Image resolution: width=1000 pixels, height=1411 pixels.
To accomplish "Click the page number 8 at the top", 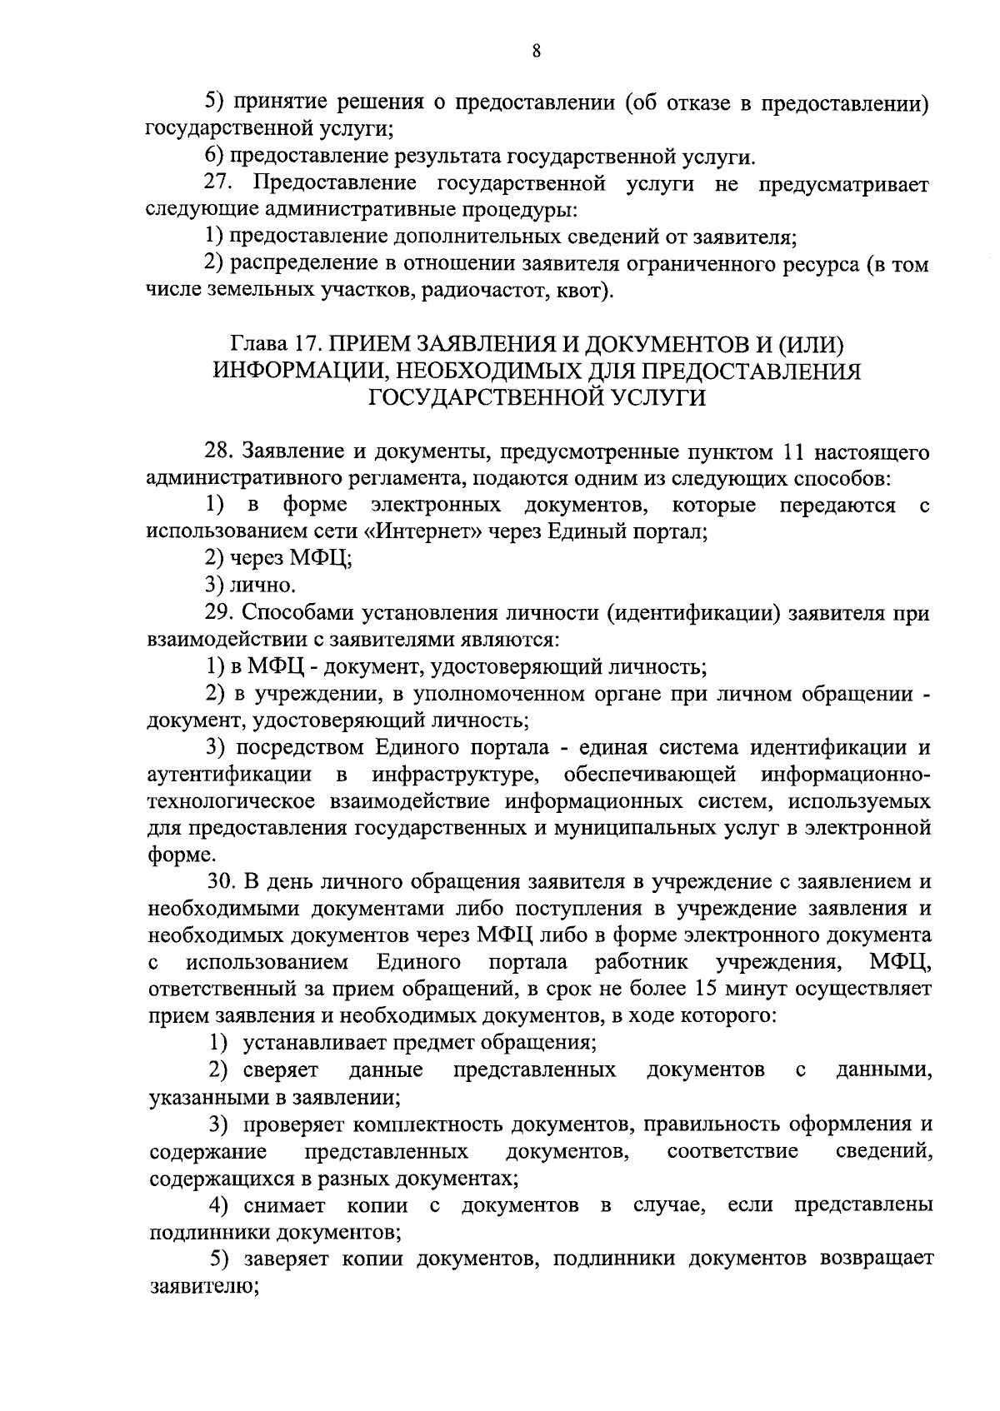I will pyautogui.click(x=537, y=52).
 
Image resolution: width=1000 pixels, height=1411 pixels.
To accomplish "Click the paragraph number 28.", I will pyautogui.click(x=220, y=451).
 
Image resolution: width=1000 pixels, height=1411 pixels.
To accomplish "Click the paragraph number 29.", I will pyautogui.click(x=220, y=613).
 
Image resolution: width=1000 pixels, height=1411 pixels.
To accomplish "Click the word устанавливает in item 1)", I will pyautogui.click(x=309, y=1042).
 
